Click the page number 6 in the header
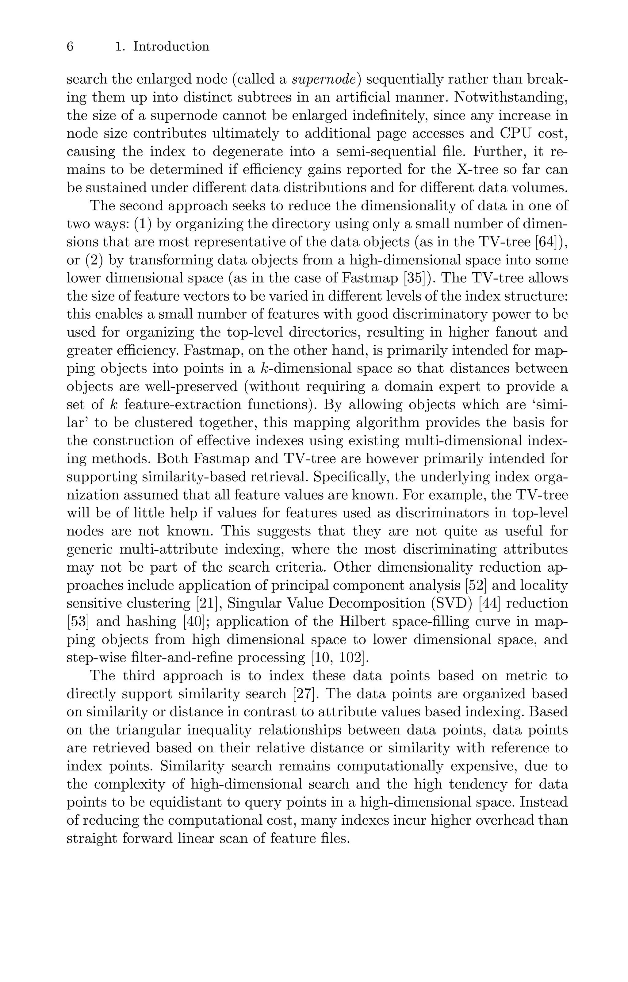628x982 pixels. tap(70, 47)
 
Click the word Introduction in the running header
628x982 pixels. tap(171, 47)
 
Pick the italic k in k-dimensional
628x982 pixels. tap(263, 369)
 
